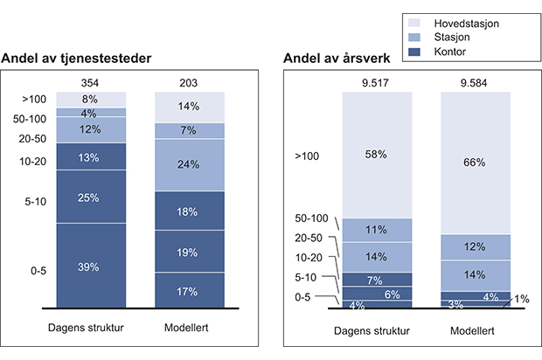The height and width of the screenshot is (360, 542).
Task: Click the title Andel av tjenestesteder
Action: (77, 59)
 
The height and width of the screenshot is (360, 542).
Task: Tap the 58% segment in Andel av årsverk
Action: (377, 154)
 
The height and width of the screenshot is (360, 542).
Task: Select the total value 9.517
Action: (377, 83)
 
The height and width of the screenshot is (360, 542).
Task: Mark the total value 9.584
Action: (475, 83)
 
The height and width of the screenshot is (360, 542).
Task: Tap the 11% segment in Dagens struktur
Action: (377, 230)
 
